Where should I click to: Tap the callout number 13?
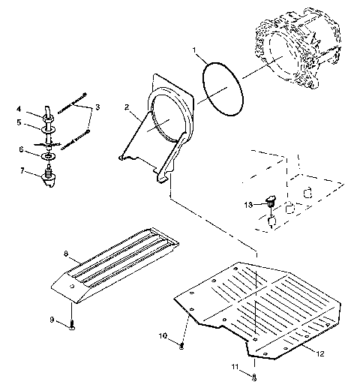248,204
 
